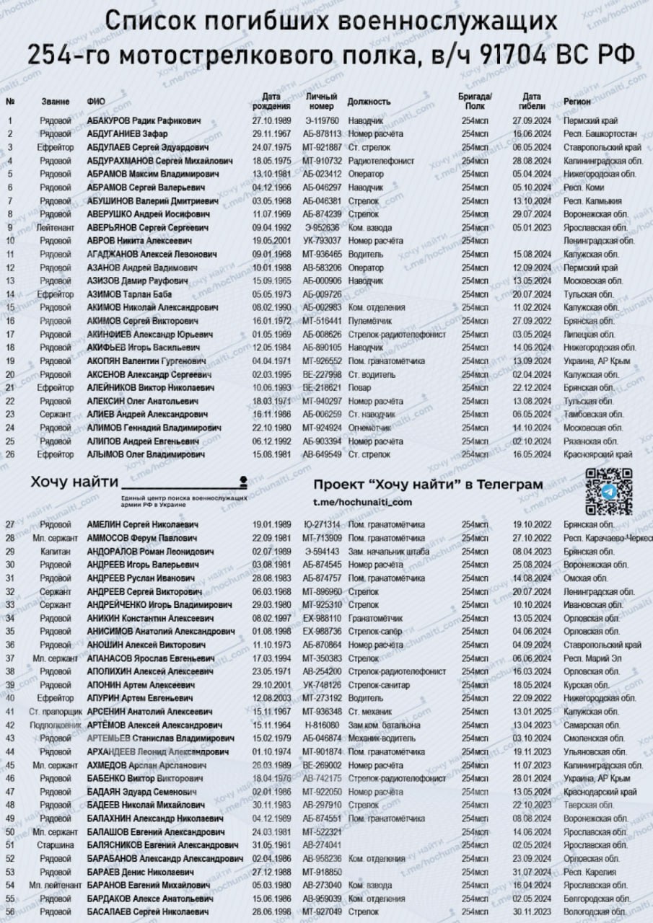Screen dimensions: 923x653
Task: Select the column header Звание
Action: click(x=56, y=101)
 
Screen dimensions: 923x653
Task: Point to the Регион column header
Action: click(x=578, y=101)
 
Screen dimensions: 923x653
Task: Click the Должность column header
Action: click(x=369, y=101)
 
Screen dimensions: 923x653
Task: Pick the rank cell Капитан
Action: click(x=56, y=551)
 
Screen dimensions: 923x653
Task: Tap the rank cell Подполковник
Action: click(x=56, y=725)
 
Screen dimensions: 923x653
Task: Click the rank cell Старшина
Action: click(x=56, y=844)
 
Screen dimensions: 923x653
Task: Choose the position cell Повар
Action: click(x=359, y=387)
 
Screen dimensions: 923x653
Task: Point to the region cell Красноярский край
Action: click(x=599, y=454)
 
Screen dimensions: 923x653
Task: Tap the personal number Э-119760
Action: click(x=322, y=120)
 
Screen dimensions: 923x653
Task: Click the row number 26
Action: click(x=10, y=454)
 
